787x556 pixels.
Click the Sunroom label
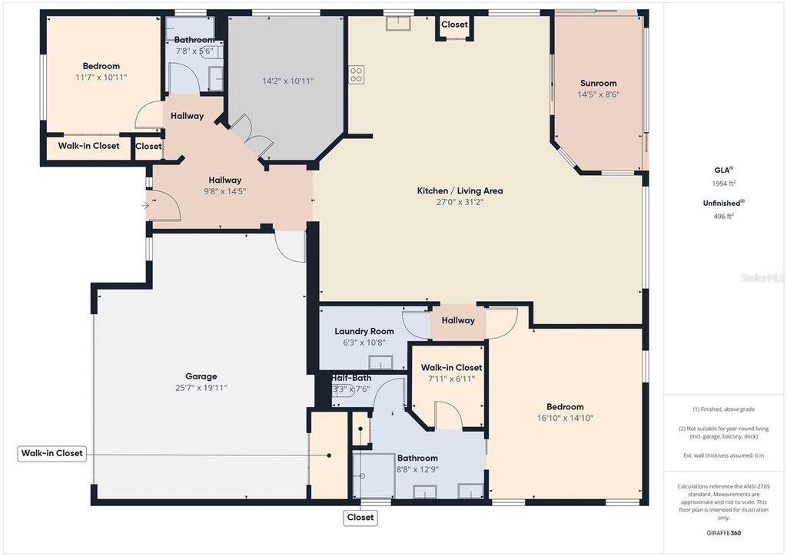(x=598, y=83)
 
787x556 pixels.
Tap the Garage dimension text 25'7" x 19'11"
(x=201, y=388)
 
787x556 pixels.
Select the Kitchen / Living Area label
(x=460, y=190)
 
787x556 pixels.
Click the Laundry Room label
(x=364, y=332)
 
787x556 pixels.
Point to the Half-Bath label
(x=352, y=378)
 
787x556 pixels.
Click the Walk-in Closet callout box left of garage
(x=51, y=454)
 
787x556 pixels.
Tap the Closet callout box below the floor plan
(x=360, y=518)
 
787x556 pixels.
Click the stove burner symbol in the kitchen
(x=356, y=74)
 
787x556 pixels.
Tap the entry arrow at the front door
(x=146, y=205)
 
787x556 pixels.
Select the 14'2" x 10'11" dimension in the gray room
(x=288, y=81)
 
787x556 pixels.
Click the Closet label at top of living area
(x=454, y=25)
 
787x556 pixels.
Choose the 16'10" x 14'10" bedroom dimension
(x=565, y=419)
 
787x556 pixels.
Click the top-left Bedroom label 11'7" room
(x=101, y=66)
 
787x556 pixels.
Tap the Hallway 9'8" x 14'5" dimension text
(x=225, y=191)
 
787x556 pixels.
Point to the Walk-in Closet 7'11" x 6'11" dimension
(x=451, y=379)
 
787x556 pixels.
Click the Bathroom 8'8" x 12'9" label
(x=417, y=458)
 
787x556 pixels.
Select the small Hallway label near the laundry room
(x=458, y=320)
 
